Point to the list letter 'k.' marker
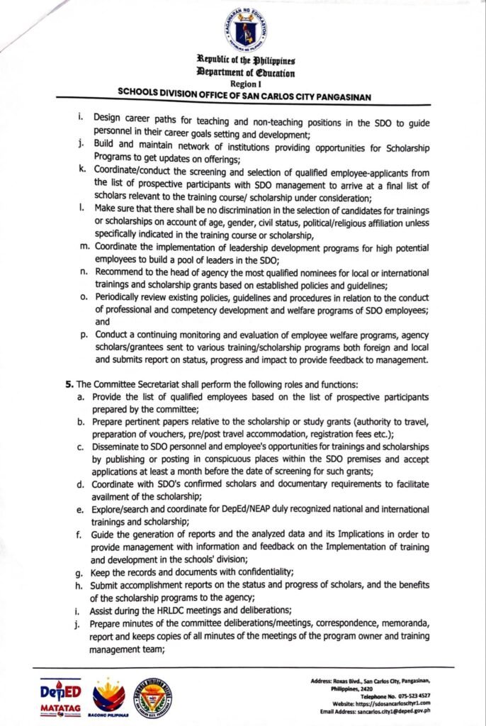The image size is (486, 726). [x=82, y=172]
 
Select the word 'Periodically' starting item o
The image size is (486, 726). [x=121, y=298]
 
